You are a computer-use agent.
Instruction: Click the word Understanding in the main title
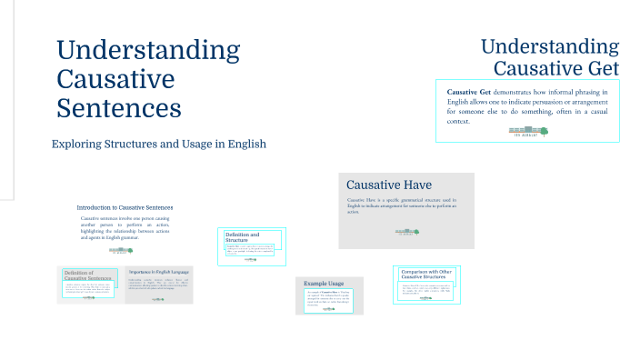(x=148, y=50)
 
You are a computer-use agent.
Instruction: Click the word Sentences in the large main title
(x=118, y=108)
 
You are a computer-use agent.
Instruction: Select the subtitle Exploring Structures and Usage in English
(x=158, y=145)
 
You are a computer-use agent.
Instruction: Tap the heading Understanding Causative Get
(x=549, y=57)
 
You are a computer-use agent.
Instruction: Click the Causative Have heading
(x=388, y=185)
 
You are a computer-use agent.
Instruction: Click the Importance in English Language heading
(x=158, y=272)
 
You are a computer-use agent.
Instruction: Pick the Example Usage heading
(x=325, y=284)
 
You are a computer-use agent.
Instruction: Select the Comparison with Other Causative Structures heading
(x=426, y=275)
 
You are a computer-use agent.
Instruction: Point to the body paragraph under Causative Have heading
(x=401, y=205)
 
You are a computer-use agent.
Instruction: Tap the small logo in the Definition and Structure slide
(x=251, y=258)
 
